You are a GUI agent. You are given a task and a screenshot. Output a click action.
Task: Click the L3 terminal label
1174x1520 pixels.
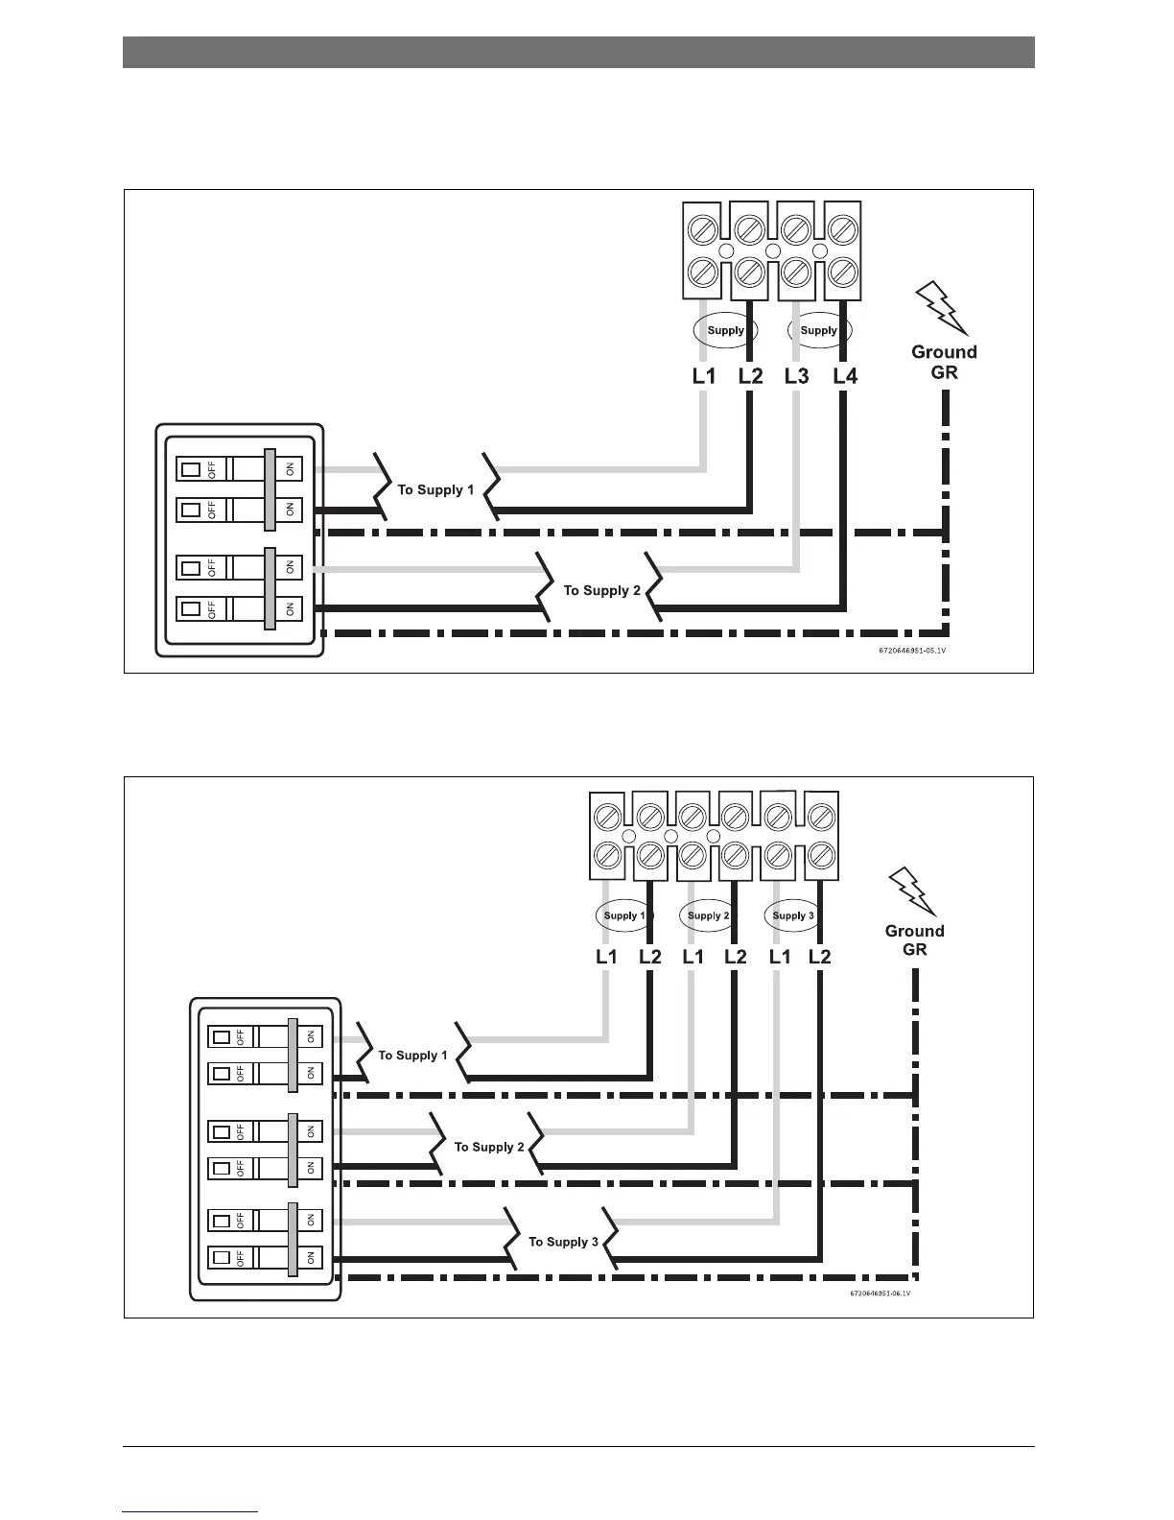pyautogui.click(x=796, y=376)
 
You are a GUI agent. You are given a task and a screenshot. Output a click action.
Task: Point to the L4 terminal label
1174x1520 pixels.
pyautogui.click(x=845, y=376)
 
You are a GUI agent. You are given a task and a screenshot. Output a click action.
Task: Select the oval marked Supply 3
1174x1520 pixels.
pyautogui.click(x=793, y=915)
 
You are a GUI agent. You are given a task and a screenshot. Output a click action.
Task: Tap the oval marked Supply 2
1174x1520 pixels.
pyautogui.click(x=709, y=915)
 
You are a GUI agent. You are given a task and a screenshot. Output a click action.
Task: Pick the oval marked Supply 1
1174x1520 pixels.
pyautogui.click(x=624, y=915)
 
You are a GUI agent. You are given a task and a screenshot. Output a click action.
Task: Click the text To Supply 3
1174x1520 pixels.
pyautogui.click(x=563, y=1242)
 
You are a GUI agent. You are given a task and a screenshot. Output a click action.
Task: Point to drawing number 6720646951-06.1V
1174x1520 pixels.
pyautogui.click(x=880, y=1294)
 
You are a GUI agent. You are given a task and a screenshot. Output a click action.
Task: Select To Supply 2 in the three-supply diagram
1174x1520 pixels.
pyautogui.click(x=489, y=1147)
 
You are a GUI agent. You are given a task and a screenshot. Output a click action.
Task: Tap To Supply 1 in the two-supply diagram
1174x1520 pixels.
pyautogui.click(x=435, y=490)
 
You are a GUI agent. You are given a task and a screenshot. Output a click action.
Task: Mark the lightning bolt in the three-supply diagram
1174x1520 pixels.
pyautogui.click(x=912, y=892)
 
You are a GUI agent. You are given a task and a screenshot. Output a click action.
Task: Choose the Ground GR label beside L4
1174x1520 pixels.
pyautogui.click(x=944, y=362)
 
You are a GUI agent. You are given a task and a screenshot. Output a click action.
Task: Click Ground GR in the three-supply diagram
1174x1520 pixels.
pyautogui.click(x=914, y=939)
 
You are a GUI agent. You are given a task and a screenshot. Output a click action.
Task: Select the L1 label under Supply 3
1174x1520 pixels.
pyautogui.click(x=780, y=957)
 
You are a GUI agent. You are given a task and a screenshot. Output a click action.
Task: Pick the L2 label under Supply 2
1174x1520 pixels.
pyautogui.click(x=736, y=957)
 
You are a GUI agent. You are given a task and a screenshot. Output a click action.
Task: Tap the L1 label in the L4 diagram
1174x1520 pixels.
pyautogui.click(x=704, y=376)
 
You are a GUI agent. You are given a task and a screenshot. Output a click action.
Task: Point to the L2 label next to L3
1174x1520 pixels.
pyautogui.click(x=750, y=376)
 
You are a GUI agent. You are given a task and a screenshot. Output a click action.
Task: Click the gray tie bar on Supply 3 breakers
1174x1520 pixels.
pyautogui.click(x=292, y=1239)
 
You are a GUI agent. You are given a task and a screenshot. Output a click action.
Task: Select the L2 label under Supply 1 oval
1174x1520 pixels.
pyautogui.click(x=649, y=957)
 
